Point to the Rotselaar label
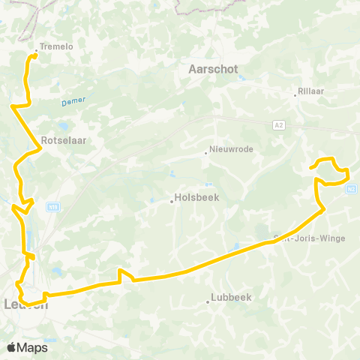tap(61, 139)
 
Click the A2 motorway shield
tap(279, 124)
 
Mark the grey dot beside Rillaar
tap(295, 95)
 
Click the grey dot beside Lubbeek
tap(208, 301)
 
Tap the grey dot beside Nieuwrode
tap(205, 154)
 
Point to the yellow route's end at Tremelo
tap(35, 55)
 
